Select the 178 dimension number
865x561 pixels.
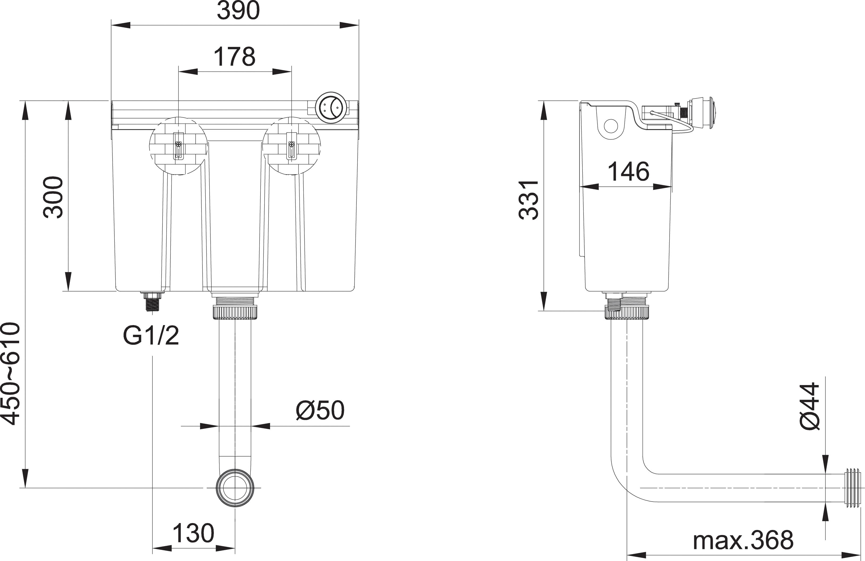pos(235,57)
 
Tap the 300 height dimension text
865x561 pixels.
pos(53,198)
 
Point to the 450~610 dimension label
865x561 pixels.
pos(11,374)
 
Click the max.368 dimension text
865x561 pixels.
pos(743,541)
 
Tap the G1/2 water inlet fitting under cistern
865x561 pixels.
pos(153,301)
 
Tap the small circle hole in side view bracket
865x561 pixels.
pos(611,126)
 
